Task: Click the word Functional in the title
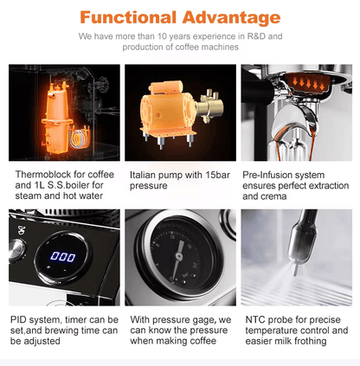pyautogui.click(x=128, y=17)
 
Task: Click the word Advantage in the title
pyautogui.click(x=231, y=18)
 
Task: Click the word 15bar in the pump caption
pyautogui.click(x=218, y=175)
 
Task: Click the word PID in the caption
pyautogui.click(x=18, y=319)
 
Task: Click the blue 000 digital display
pyautogui.click(x=63, y=256)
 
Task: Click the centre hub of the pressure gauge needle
pyautogui.click(x=179, y=256)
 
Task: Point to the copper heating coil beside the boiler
pyautogui.click(x=79, y=137)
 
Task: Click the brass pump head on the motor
pyautogui.click(x=209, y=106)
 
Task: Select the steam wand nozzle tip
pyautogui.click(x=296, y=270)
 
